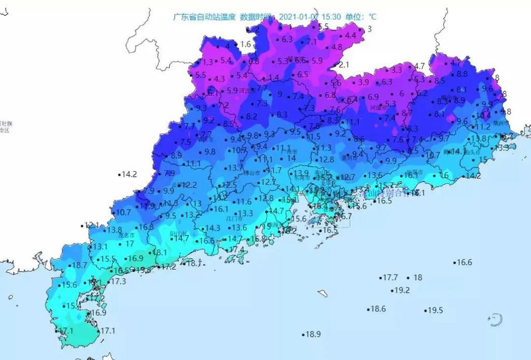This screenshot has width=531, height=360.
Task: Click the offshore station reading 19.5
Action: tap(435, 310)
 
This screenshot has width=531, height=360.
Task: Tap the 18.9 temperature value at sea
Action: tap(313, 335)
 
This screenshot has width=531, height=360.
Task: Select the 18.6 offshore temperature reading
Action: tap(378, 309)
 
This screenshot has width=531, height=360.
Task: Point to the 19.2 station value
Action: tap(402, 290)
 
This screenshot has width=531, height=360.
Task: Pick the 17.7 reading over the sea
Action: tap(390, 278)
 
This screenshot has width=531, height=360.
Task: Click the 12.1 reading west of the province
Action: tap(91, 225)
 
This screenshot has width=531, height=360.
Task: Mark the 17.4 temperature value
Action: tap(236, 250)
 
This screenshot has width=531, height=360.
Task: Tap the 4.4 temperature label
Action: tap(351, 35)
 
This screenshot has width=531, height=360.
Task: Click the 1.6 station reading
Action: tap(246, 45)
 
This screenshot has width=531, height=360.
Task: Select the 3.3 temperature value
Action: tap(396, 70)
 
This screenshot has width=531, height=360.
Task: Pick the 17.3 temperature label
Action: tap(119, 281)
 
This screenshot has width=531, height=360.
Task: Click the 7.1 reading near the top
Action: tap(312, 42)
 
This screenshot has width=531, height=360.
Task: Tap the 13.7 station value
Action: tap(236, 168)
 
